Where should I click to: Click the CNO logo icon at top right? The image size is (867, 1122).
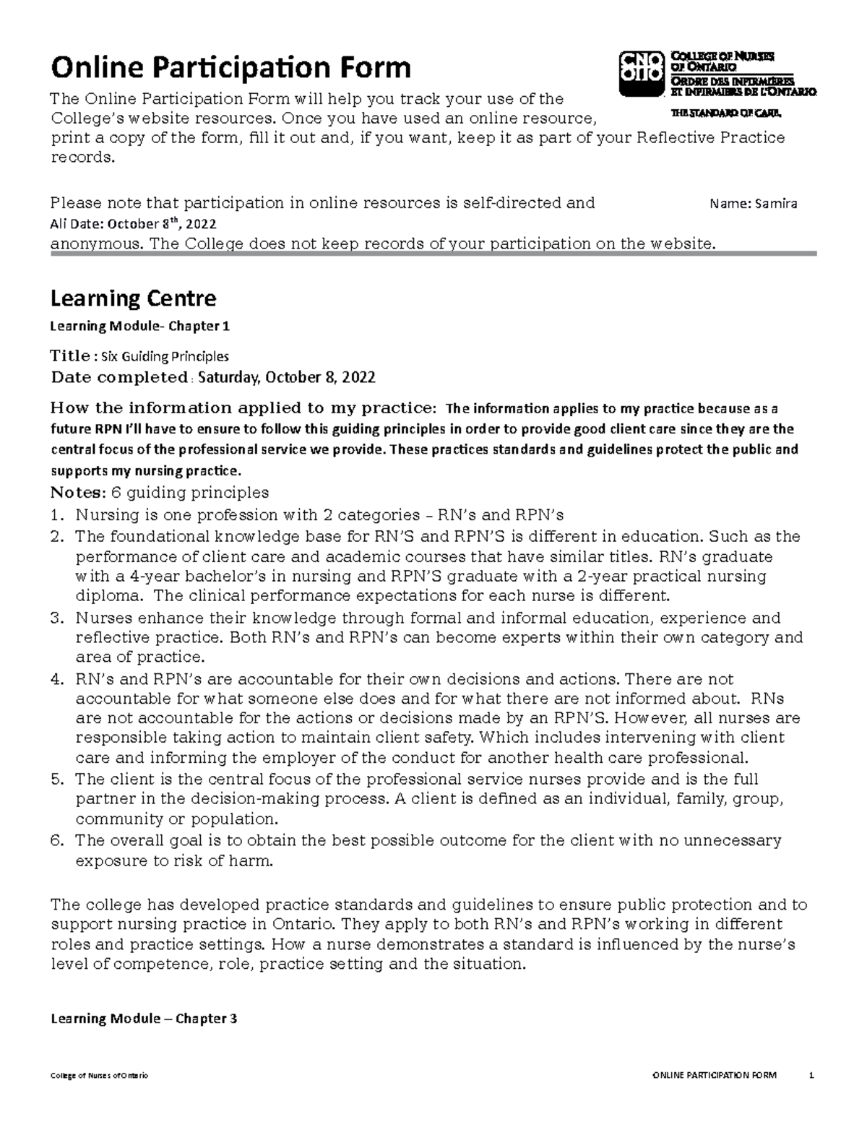pyautogui.click(x=641, y=73)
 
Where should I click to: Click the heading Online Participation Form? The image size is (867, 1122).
pyautogui.click(x=230, y=68)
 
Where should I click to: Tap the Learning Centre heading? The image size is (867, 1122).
pyautogui.click(x=132, y=298)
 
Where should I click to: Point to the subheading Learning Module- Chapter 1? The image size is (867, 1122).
pyautogui.click(x=139, y=326)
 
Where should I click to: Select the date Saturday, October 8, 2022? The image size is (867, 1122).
pyautogui.click(x=286, y=377)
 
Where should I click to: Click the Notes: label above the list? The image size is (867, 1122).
pyautogui.click(x=77, y=493)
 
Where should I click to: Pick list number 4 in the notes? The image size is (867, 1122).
pyautogui.click(x=57, y=679)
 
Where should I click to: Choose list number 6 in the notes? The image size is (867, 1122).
pyautogui.click(x=57, y=840)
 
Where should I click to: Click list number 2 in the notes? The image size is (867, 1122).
pyautogui.click(x=57, y=537)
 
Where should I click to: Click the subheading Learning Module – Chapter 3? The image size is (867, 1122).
pyautogui.click(x=142, y=1019)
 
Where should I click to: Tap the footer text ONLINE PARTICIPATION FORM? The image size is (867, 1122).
pyautogui.click(x=714, y=1076)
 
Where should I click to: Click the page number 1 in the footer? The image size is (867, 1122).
pyautogui.click(x=812, y=1076)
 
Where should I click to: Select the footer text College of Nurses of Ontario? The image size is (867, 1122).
pyautogui.click(x=98, y=1076)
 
